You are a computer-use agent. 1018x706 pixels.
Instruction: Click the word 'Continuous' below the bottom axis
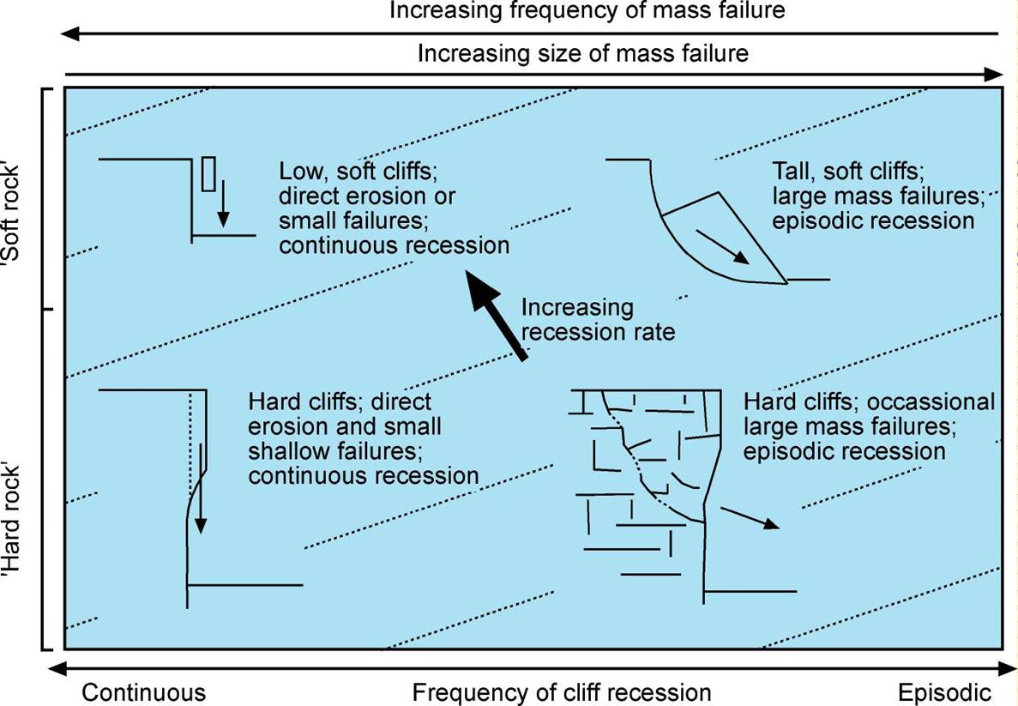(x=144, y=692)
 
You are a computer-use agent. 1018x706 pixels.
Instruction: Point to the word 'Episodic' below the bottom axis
(x=944, y=692)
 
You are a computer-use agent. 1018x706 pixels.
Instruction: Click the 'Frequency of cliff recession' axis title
(x=562, y=692)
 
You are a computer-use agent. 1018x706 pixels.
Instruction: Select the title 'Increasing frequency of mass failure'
(x=587, y=11)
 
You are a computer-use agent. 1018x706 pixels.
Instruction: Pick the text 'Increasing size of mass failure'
(x=582, y=54)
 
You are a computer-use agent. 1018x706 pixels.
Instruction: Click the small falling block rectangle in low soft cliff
(x=208, y=174)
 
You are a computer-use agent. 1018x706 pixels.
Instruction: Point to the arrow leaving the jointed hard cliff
(x=750, y=517)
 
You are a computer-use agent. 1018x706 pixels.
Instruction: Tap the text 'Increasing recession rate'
(x=598, y=319)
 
